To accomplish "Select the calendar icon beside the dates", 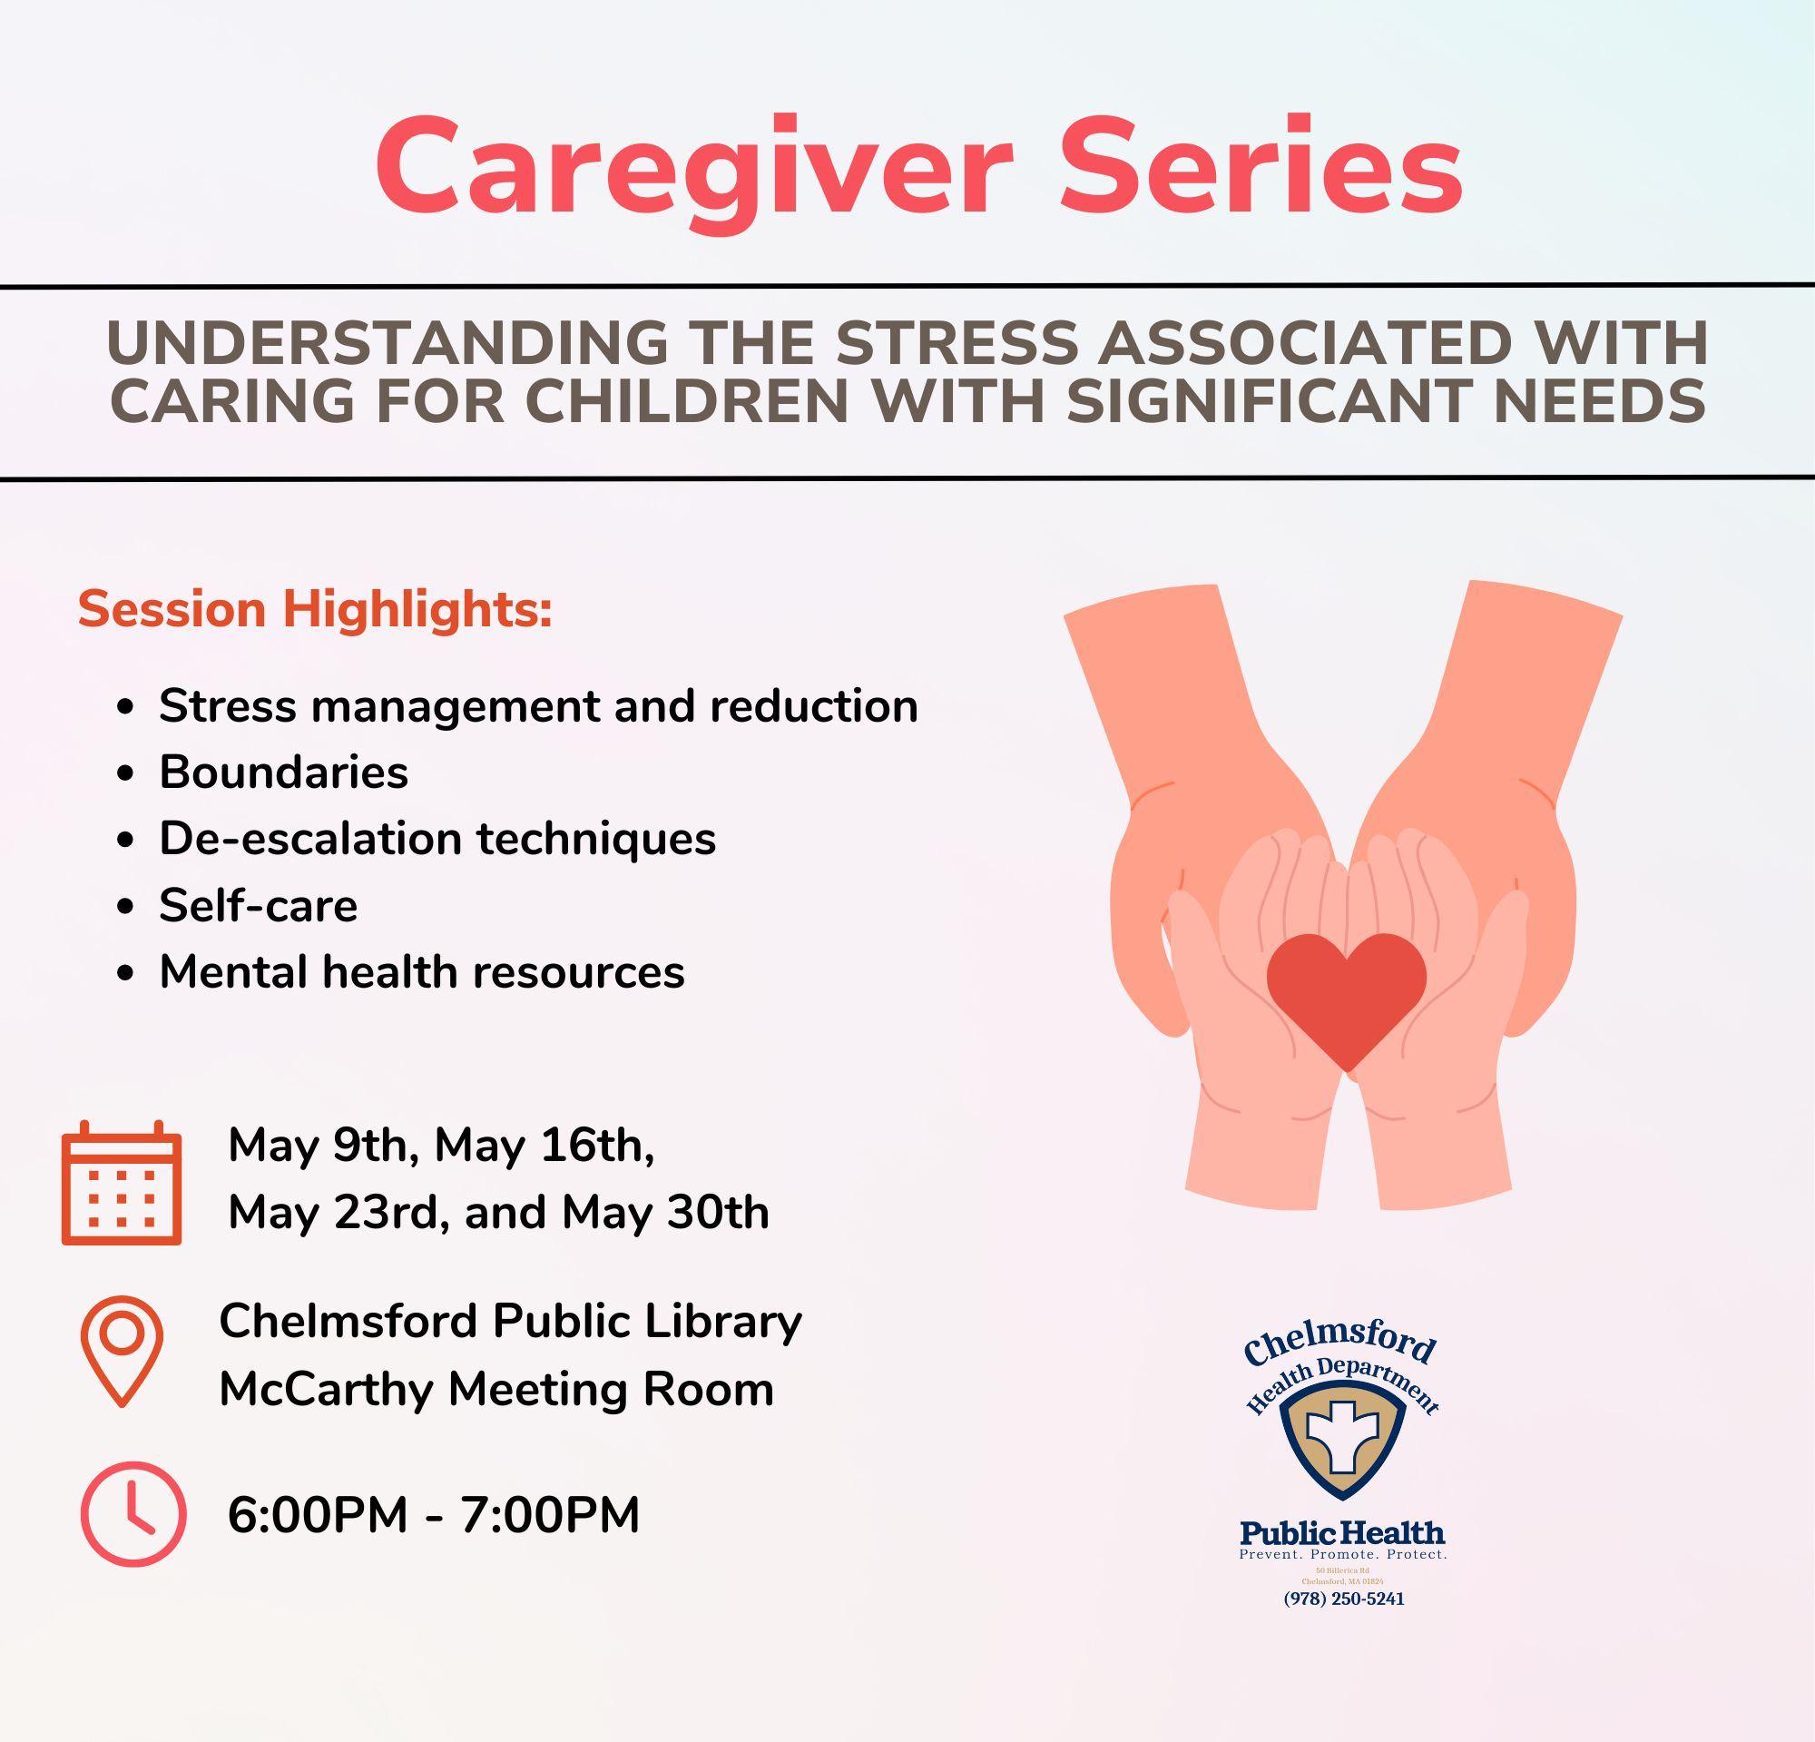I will [x=122, y=1183].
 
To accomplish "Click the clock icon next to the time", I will [x=133, y=1514].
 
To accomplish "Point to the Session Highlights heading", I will [x=315, y=609].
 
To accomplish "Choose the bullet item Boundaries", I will [x=283, y=772].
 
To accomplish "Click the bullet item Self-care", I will [x=258, y=905].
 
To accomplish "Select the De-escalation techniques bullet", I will [x=437, y=838].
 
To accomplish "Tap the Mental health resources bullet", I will [x=421, y=971].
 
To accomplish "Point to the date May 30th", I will [x=665, y=1212].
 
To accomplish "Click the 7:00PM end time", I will [x=549, y=1515].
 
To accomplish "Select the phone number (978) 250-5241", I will [x=1343, y=1599].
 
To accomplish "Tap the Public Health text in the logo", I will [x=1342, y=1531].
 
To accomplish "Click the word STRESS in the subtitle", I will [x=957, y=342].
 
